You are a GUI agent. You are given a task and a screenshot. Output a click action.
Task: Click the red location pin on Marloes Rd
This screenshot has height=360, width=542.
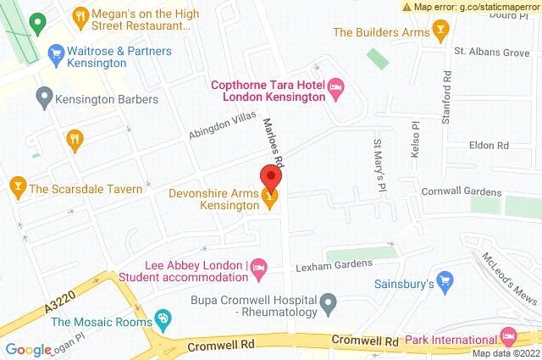tap(270, 178)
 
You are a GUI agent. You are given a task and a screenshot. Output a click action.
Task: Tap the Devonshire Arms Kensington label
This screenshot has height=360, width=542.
tap(213, 198)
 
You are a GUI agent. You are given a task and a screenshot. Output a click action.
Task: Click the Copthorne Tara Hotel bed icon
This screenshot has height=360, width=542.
tap(336, 86)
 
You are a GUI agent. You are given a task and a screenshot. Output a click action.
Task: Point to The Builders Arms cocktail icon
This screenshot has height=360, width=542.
tap(440, 32)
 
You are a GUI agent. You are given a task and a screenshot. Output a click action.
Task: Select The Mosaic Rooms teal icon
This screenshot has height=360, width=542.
tap(164, 321)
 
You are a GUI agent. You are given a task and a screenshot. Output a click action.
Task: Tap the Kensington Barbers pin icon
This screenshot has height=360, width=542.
tap(42, 99)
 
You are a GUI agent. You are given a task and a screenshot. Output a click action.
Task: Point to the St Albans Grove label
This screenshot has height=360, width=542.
tap(491, 53)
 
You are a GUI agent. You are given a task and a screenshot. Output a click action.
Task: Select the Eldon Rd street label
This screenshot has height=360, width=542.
tap(487, 146)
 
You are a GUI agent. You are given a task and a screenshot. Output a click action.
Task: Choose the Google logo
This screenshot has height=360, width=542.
tap(29, 349)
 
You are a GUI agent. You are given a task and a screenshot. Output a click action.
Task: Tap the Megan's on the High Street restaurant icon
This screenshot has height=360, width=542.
tap(80, 15)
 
